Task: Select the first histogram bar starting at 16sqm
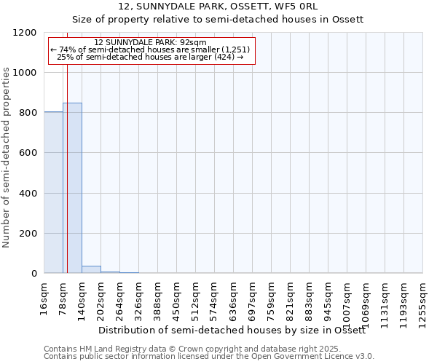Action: [x=53, y=192]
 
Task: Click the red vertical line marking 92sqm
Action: [x=67, y=160]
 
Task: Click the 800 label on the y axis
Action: [x=29, y=113]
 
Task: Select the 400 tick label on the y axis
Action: [x=29, y=194]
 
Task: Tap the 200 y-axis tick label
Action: [x=29, y=234]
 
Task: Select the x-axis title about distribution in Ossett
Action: [x=232, y=330]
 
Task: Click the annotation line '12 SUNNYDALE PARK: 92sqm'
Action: [x=151, y=42]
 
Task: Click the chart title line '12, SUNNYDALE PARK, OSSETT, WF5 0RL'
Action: [x=219, y=7]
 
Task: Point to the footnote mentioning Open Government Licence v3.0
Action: [x=209, y=357]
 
